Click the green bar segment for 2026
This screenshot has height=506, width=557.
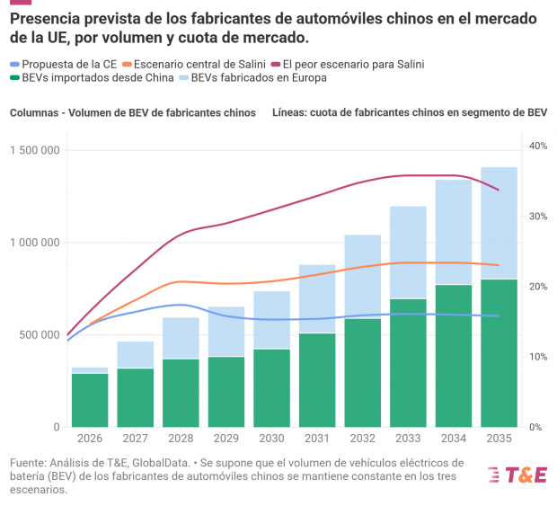90,400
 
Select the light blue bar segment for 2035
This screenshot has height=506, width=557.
500,223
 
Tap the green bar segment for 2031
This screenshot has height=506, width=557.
317,380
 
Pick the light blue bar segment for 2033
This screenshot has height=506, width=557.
408,253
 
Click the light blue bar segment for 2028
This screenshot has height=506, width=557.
181,338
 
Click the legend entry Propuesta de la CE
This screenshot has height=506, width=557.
64,65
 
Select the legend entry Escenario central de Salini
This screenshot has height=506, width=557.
194,65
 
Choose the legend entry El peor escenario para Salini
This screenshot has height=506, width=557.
348,65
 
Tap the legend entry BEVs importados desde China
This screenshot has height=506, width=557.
92,78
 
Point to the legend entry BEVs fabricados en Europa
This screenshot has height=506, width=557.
253,78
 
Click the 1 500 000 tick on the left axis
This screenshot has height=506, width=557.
35,150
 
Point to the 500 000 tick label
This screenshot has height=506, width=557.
40,334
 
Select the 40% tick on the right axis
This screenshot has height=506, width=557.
538,146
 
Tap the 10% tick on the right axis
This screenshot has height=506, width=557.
538,357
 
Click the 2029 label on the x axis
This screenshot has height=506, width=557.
226,438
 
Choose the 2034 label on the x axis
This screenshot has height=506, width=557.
454,438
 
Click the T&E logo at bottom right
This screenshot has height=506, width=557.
517,475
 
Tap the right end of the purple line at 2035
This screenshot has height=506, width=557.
500,191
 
